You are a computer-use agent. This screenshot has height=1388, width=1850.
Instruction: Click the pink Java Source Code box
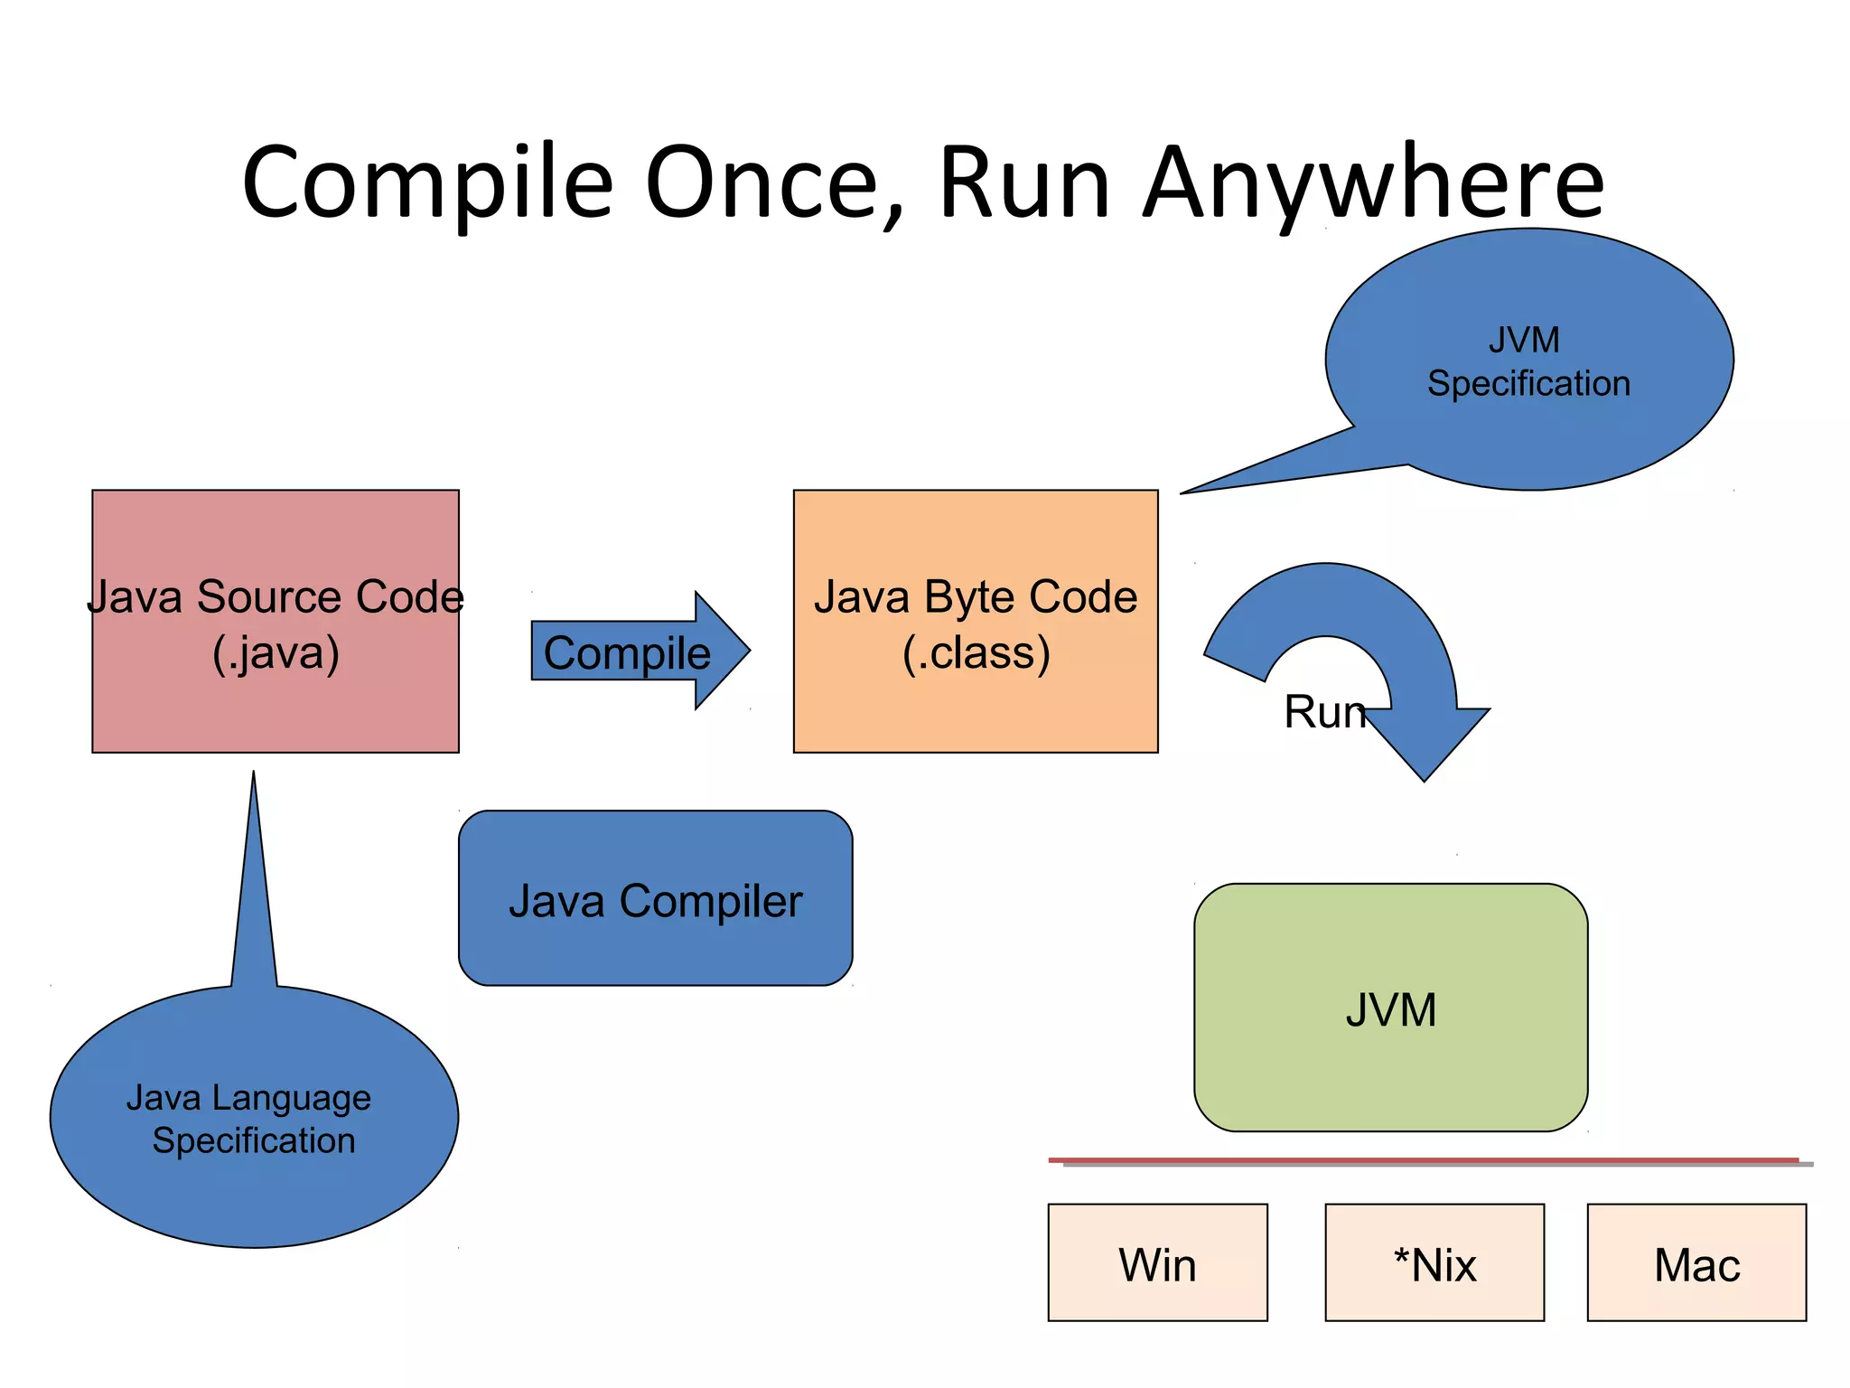[x=276, y=705]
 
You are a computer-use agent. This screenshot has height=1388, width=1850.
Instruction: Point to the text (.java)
[x=276, y=653]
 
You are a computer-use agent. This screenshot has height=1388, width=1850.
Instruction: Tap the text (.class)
[x=976, y=653]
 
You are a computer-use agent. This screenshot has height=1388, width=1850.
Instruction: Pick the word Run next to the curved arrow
[x=1323, y=712]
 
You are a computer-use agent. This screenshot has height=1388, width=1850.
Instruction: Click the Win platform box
[x=1157, y=1262]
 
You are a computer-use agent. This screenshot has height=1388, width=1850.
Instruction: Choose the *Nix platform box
[x=1434, y=1262]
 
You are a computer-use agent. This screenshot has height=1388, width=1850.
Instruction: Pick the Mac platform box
[x=1696, y=1262]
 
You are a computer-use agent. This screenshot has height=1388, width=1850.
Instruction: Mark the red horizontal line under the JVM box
[x=1423, y=1159]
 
